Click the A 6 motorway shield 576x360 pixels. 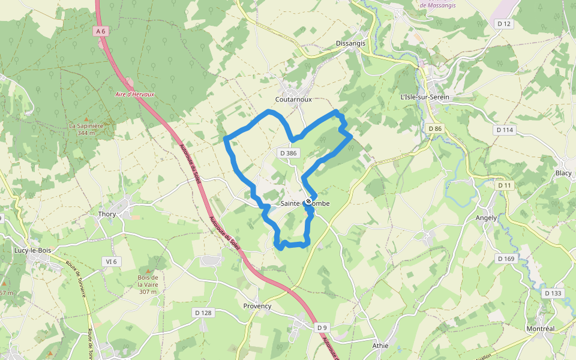pos(101,31)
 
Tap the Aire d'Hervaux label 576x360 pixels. pos(135,95)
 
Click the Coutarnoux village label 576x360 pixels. pos(293,100)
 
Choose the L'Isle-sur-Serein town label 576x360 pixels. pos(424,97)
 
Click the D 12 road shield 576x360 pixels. pos(504,24)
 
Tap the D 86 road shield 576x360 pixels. pos(435,129)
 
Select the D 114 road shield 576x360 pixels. pos(505,130)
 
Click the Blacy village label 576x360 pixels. pos(563,173)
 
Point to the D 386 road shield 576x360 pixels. pos(288,154)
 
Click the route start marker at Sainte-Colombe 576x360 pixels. pos(308,202)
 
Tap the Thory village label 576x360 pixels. pos(107,214)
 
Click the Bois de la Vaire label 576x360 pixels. pos(148,284)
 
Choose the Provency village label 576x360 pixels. pos(257,306)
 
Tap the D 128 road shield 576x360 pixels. pos(203,313)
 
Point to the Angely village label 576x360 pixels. pos(486,218)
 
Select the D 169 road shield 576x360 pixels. pos(506,259)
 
